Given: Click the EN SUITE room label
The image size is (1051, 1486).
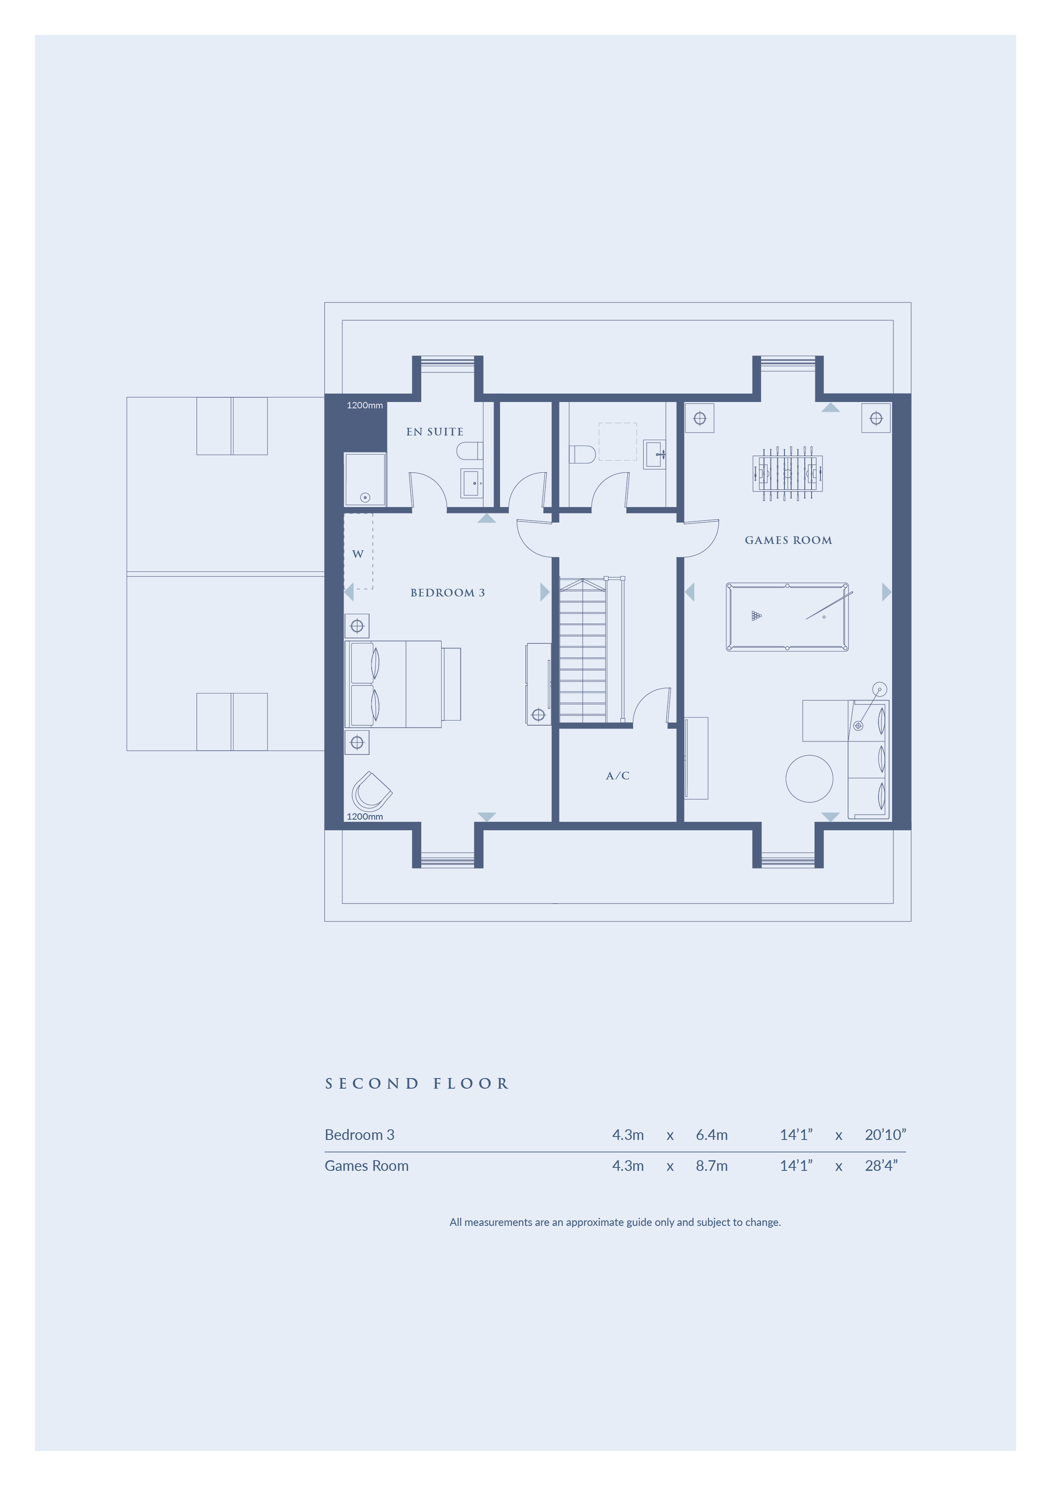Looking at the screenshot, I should [434, 432].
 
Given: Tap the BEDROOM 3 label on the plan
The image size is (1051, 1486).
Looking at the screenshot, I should [448, 593].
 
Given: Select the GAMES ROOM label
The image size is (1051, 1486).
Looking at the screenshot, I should [788, 541].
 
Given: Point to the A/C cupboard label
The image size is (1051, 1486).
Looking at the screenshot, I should [617, 775].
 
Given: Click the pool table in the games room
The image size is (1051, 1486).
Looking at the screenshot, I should [787, 617].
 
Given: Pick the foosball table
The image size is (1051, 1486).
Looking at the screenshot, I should [787, 473].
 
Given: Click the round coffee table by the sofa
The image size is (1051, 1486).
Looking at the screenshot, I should [809, 779].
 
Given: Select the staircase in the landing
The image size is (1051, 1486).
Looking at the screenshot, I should [583, 651].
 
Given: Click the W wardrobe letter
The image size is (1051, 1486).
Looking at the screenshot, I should [357, 554].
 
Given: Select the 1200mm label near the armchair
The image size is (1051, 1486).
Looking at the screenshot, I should [364, 817].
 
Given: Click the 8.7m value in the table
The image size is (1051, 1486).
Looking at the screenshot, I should [711, 1166].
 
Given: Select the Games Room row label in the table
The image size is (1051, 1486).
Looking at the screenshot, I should [367, 1166].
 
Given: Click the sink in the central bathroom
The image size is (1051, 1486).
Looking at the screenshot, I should [654, 455].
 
